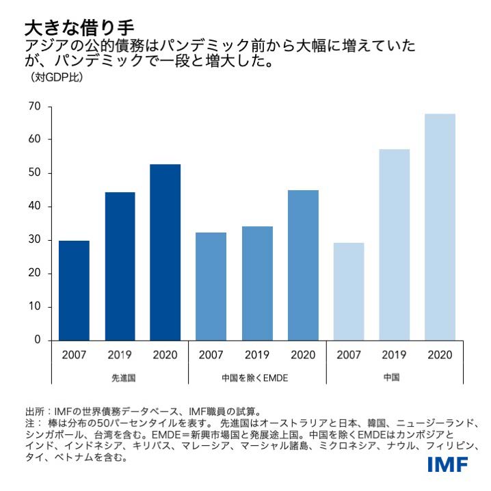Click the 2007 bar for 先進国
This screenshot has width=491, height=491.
tap(74, 290)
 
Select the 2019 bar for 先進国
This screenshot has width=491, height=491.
tap(120, 266)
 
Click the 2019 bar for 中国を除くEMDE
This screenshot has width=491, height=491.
tap(257, 283)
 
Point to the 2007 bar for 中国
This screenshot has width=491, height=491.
tap(349, 291)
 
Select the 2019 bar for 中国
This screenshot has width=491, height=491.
tap(395, 244)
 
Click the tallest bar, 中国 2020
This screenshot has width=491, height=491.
tap(440, 226)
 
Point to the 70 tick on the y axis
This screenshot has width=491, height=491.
tap(35, 106)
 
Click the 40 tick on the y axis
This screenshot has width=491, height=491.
tap(35, 207)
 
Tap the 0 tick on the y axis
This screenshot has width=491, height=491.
tap(38, 340)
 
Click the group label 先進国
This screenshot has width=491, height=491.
tap(120, 377)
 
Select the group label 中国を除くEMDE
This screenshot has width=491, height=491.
tap(257, 377)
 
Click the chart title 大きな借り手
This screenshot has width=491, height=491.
tap(79, 27)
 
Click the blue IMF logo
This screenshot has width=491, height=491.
tap(448, 466)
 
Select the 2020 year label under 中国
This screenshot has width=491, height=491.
tap(440, 355)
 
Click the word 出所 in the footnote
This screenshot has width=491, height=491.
tap(34, 411)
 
